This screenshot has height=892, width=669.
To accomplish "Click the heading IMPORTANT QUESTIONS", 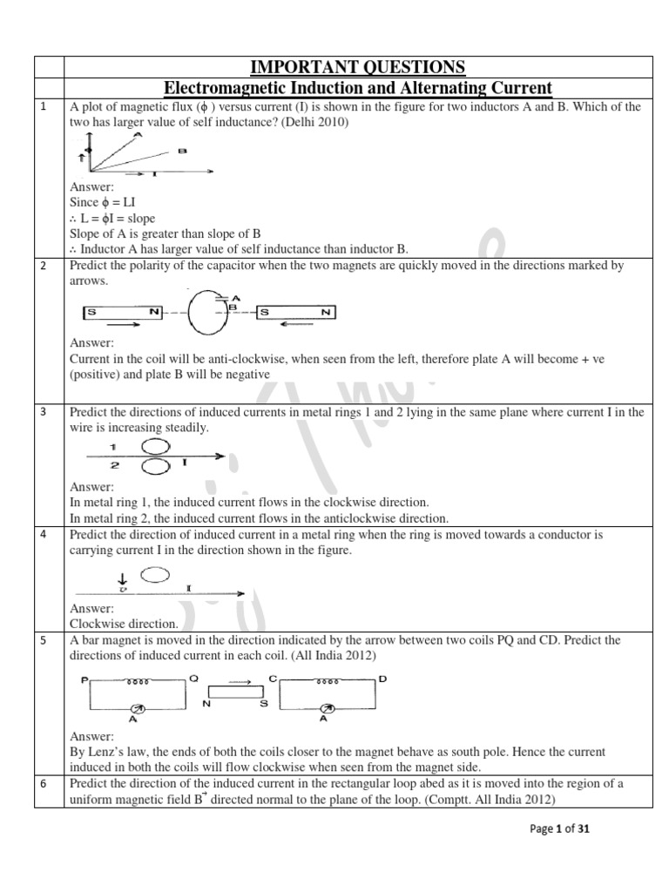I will point(358,67).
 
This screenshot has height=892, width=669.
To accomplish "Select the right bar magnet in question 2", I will point(296,311).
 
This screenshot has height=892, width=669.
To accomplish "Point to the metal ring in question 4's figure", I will point(154,575).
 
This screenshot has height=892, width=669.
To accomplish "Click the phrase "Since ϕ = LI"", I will point(102,202).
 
